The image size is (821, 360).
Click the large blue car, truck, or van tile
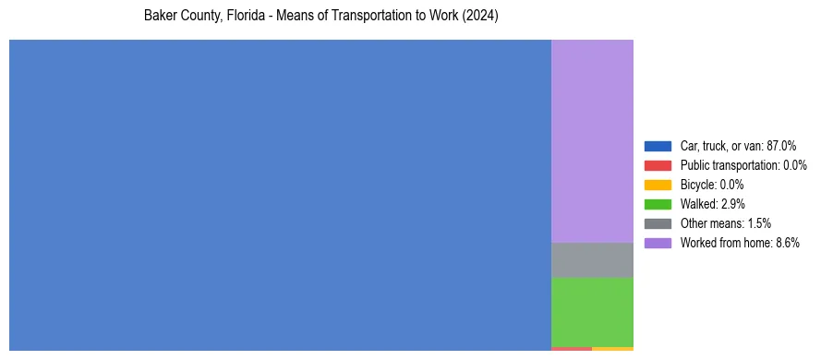[280, 195]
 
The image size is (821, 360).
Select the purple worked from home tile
[592, 140]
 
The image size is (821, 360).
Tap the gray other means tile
[592, 260]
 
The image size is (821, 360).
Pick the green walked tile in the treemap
[592, 312]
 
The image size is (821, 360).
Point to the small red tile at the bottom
[571, 349]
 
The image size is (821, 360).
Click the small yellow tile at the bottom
[612, 349]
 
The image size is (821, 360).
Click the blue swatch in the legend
[658, 146]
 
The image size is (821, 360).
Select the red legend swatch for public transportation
[658, 165]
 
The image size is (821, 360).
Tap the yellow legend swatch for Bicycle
[658, 185]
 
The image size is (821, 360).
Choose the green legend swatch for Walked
[658, 204]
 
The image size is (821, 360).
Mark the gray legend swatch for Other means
[658, 223]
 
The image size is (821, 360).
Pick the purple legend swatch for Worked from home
[658, 243]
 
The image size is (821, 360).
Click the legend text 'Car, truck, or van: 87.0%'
[738, 146]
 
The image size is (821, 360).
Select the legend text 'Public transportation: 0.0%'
[743, 165]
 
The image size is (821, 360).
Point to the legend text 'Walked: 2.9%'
[712, 204]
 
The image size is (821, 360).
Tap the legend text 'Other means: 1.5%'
[725, 223]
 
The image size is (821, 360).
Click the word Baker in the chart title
[160, 17]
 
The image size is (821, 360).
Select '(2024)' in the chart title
[481, 17]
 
